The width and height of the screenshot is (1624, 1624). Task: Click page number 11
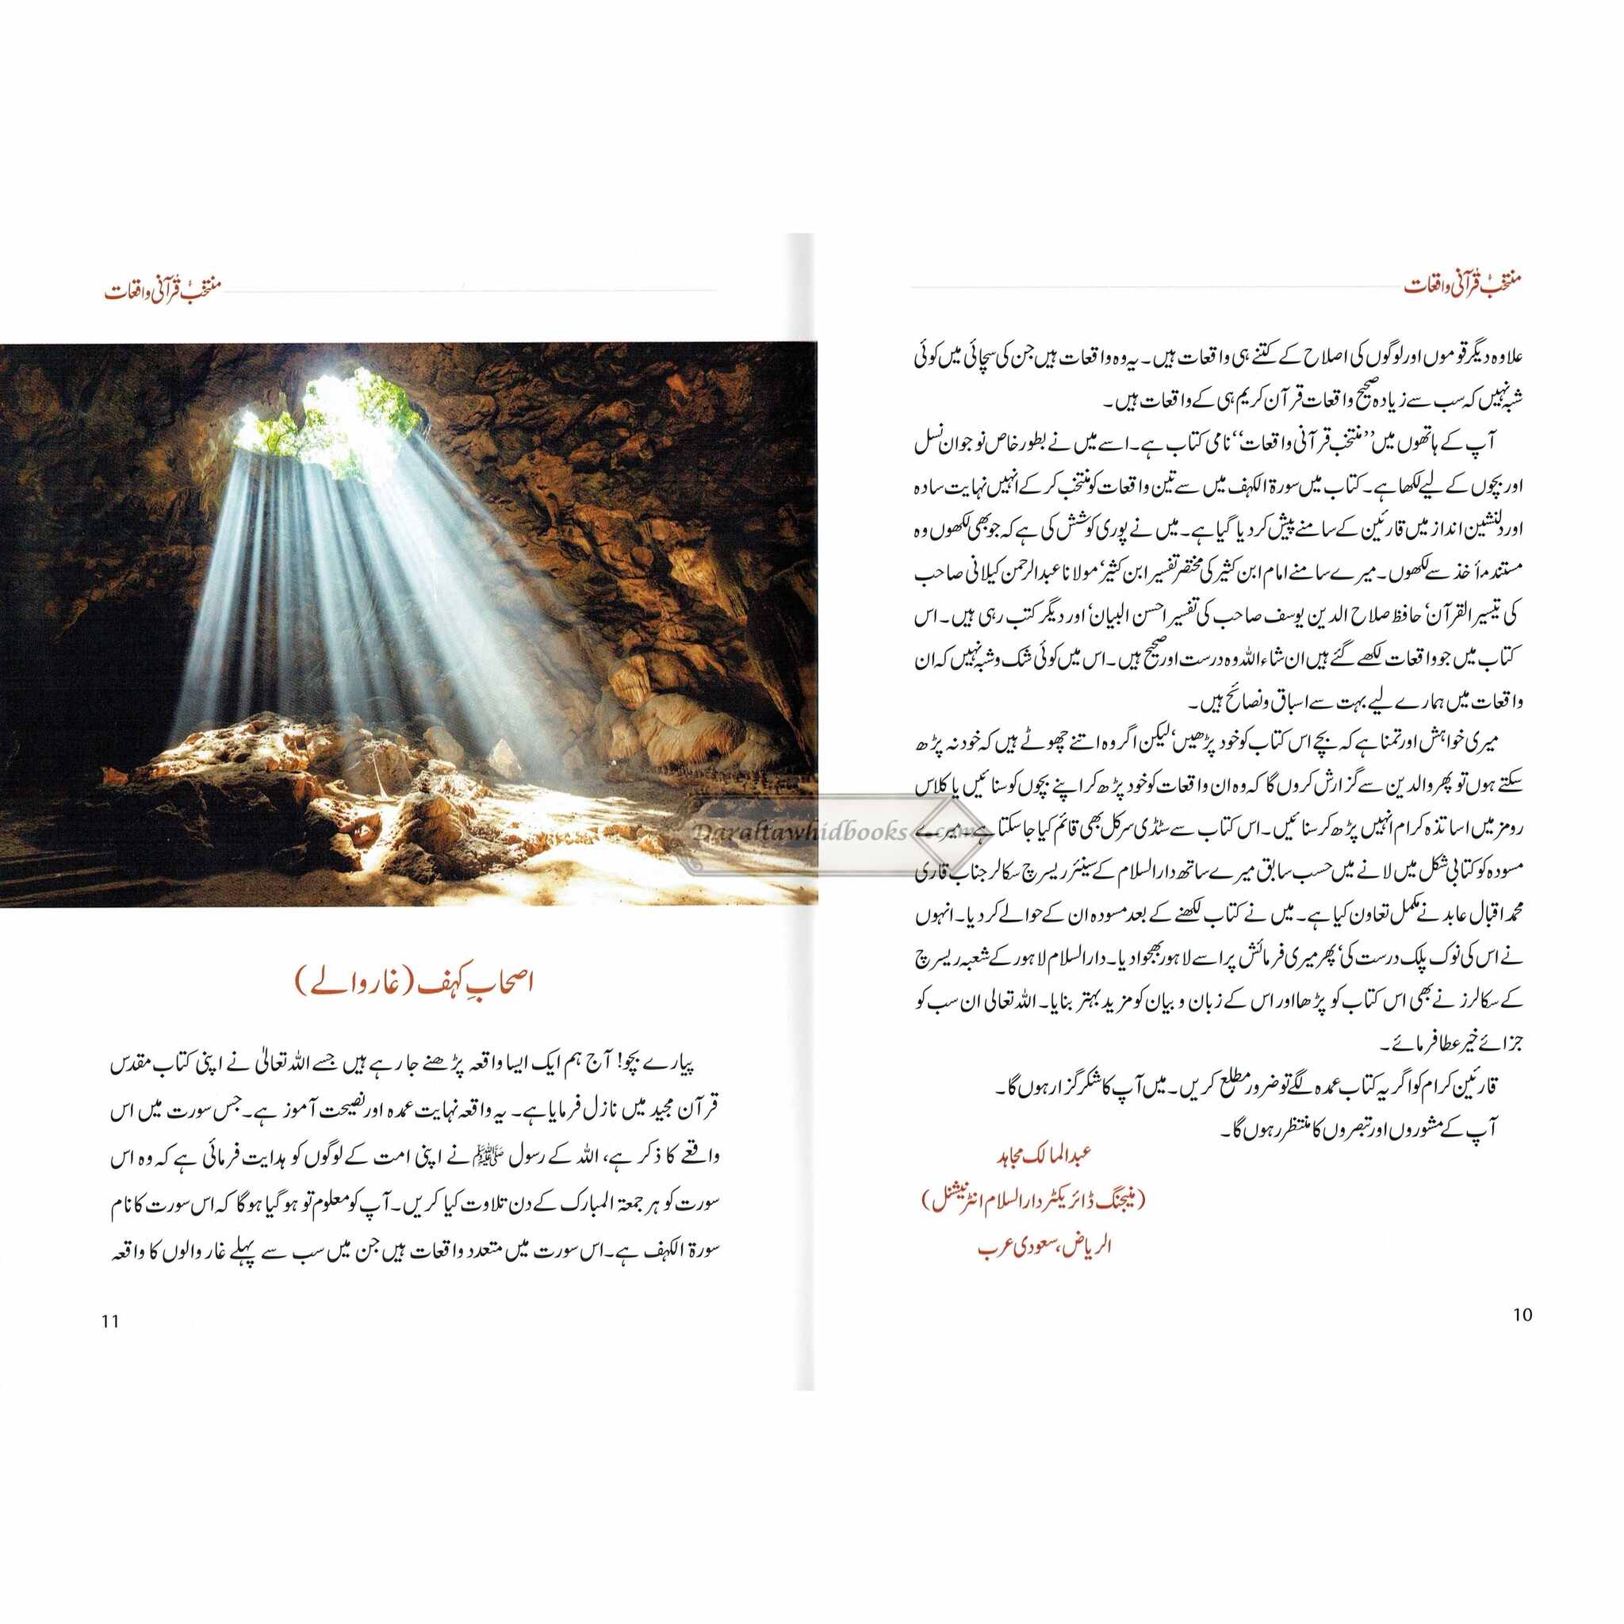[110, 1321]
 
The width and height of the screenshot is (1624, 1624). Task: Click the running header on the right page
[1461, 285]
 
